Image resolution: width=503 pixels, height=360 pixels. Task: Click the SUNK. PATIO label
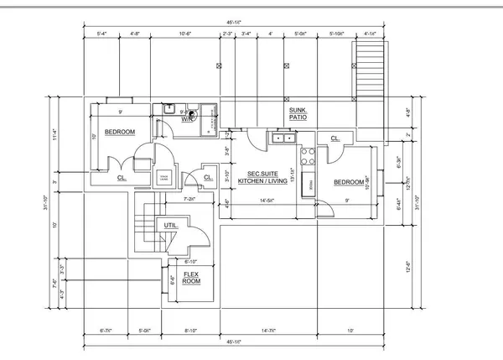[x=298, y=114]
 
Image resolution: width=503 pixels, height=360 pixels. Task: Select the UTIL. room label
[x=170, y=225]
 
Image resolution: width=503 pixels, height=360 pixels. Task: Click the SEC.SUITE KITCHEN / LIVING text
[x=262, y=177]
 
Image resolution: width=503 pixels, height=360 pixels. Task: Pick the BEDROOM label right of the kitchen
[x=349, y=182]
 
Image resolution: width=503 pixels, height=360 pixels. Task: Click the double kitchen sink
[x=282, y=138]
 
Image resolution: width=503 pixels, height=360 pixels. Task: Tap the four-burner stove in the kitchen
[x=307, y=154]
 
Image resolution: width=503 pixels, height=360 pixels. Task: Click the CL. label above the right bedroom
[x=334, y=138]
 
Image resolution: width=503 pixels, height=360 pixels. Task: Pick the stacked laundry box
[x=163, y=176]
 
